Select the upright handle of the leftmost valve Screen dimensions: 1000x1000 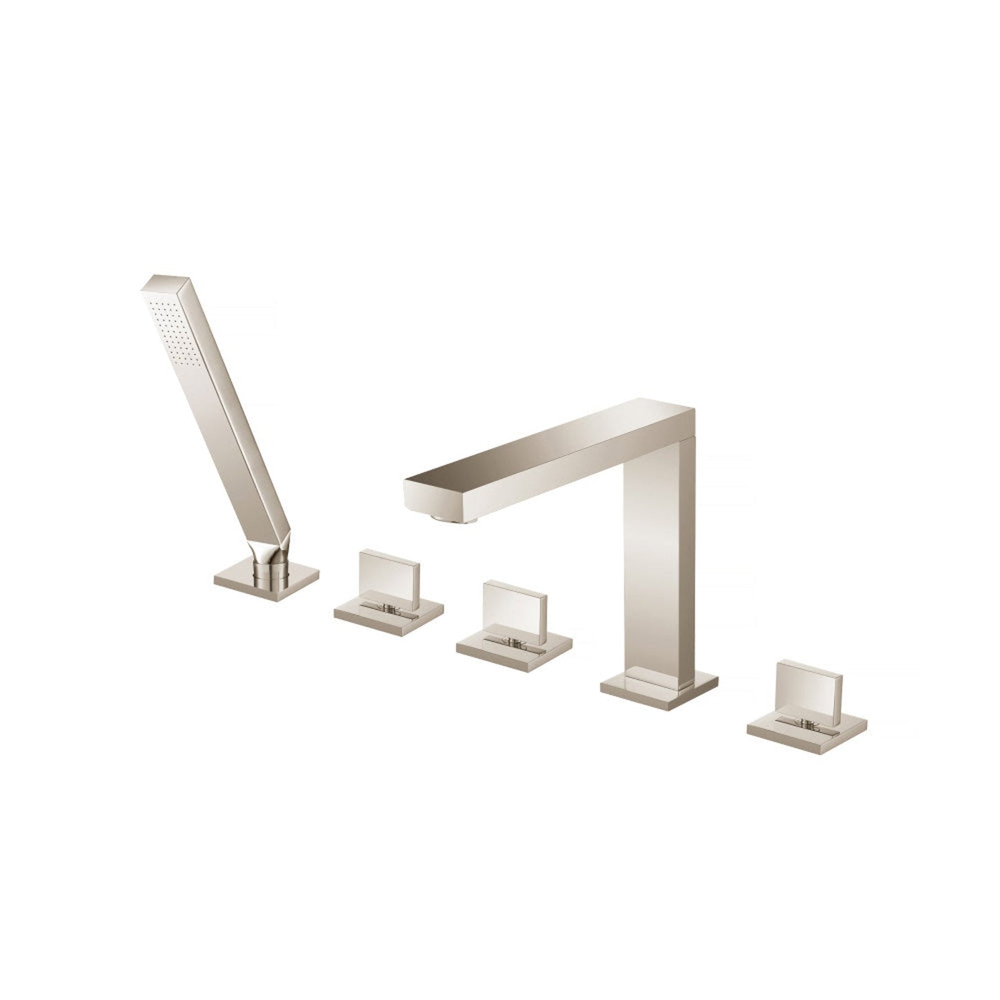coord(390,571)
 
